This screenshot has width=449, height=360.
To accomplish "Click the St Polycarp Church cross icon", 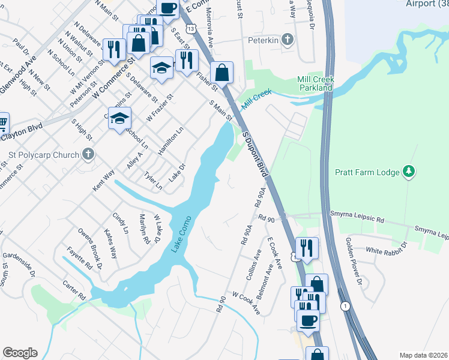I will [x=88, y=155].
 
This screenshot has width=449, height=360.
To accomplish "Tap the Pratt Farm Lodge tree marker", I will [x=409, y=172].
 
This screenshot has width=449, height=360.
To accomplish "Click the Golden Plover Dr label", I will [x=352, y=261].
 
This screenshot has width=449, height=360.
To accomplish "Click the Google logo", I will [x=20, y=352].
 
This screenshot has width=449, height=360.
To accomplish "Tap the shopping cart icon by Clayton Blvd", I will [x=2, y=124].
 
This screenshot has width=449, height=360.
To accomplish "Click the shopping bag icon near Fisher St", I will [x=221, y=73].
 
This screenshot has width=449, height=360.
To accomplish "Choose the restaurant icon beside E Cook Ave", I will [x=307, y=248].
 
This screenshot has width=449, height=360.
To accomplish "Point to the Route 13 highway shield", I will [x=190, y=28].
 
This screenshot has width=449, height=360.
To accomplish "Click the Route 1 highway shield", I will [x=345, y=306].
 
